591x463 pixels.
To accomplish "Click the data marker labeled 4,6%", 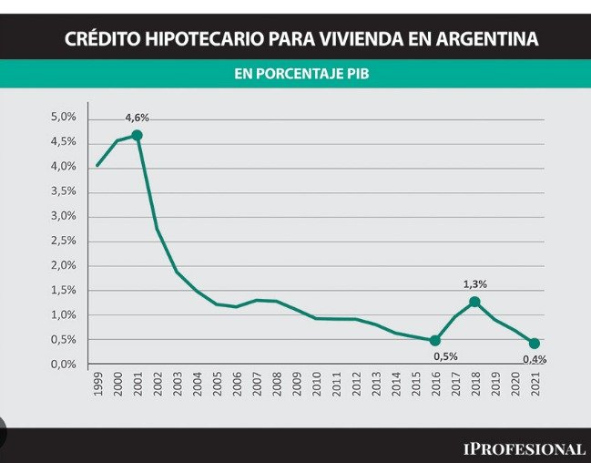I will point(137,135).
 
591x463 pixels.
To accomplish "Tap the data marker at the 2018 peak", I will point(474,301).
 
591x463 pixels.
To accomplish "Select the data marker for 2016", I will point(434,340).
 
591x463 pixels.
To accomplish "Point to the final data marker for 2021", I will point(534,344).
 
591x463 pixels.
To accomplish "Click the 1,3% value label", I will point(474,283).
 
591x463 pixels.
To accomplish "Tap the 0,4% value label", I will point(534,359).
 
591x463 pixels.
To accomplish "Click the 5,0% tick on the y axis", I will point(63,118).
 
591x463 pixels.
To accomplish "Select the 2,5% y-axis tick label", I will point(63,241).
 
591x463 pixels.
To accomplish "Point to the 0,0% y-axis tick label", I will point(63,364).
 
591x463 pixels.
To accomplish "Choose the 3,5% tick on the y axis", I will point(63,191).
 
